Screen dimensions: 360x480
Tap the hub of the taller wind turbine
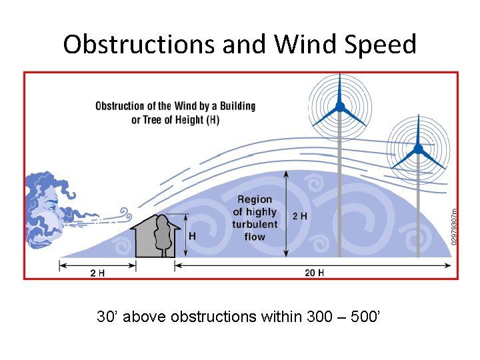(x=340, y=107)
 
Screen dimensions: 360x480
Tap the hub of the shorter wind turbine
(x=418, y=149)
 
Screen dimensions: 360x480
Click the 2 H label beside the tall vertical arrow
(x=300, y=216)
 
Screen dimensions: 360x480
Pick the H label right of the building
(x=193, y=236)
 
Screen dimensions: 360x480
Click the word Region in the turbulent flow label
(x=255, y=199)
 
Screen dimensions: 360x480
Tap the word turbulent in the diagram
(x=255, y=224)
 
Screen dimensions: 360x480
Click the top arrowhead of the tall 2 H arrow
(x=286, y=173)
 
